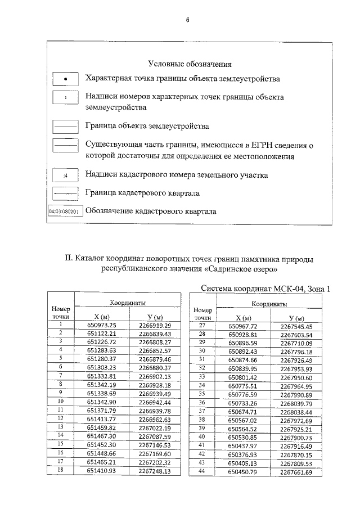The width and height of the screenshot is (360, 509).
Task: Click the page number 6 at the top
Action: coord(188,20)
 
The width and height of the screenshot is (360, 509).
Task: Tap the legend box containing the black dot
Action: coord(65,79)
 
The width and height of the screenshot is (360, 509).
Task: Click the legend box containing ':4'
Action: coord(65,175)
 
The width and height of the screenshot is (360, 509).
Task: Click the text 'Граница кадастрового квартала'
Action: coord(143,193)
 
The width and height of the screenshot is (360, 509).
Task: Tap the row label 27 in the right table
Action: coord(202,326)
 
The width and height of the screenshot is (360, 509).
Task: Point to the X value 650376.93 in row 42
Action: coord(242,454)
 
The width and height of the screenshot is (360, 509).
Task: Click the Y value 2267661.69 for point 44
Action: coord(296,472)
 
